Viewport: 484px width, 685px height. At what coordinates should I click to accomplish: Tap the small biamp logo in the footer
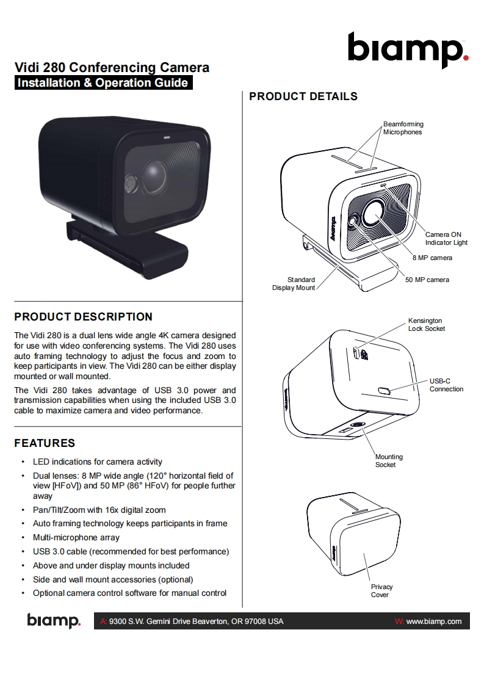coord(53,621)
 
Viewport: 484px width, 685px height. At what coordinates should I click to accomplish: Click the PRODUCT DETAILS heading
coord(303,96)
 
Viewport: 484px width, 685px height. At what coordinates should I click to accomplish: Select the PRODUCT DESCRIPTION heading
coord(83,317)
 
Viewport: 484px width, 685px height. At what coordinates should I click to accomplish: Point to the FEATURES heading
coord(45,443)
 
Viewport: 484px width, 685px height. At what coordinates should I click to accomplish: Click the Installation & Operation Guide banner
coord(103,83)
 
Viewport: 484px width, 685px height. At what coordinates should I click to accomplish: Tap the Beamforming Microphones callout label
coord(403,128)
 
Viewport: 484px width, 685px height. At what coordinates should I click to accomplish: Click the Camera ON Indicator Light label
coord(446,239)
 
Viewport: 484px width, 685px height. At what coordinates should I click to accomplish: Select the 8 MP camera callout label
coord(432,258)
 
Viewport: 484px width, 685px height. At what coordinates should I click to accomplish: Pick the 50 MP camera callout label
coord(427,280)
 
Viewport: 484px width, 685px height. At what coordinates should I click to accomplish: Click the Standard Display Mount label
coord(294,284)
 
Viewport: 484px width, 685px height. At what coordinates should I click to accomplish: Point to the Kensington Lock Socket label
coord(426,325)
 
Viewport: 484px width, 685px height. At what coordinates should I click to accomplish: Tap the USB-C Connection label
coord(446,385)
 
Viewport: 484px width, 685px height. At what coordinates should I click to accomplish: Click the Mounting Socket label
coord(389,461)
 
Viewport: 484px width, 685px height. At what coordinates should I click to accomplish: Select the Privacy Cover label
coord(381,591)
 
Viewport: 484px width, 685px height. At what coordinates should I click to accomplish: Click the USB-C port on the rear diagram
coord(385,390)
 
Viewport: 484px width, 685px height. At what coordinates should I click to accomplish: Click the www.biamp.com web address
coord(433,622)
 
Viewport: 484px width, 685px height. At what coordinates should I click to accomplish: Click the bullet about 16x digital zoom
coord(99,510)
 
